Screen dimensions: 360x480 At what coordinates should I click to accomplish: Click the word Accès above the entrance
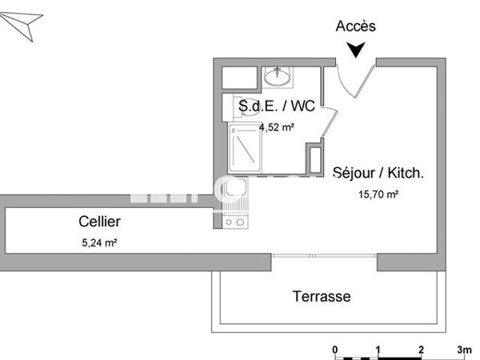355,26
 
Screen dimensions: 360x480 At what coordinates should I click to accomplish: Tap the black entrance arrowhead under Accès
356,50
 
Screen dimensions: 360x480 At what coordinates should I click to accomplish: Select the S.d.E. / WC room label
277,106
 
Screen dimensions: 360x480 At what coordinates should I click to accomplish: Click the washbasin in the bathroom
278,78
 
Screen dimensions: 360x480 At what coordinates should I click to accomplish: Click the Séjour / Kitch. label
378,172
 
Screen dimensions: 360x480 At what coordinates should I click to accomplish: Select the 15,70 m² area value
378,193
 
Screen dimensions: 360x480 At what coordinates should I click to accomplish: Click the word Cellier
99,222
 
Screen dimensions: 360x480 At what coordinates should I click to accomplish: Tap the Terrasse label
321,297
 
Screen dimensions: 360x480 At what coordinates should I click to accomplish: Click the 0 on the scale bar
335,350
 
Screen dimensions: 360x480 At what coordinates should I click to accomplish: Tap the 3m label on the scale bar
464,350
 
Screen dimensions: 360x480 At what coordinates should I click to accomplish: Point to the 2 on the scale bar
421,350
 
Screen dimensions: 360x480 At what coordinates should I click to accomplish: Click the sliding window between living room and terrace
324,256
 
